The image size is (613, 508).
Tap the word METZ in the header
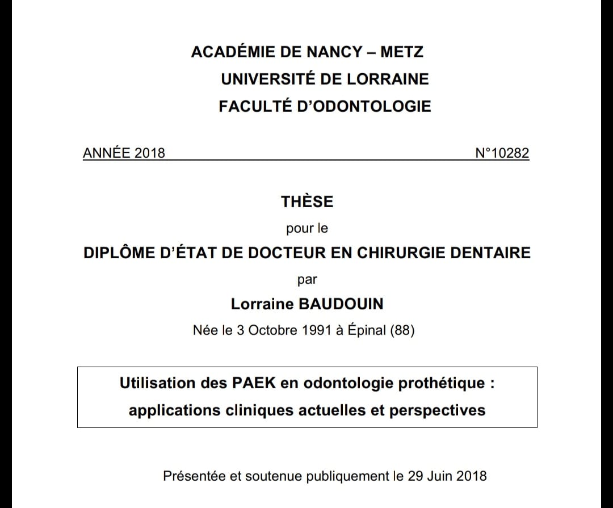(402, 52)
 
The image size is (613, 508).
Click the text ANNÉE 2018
(124, 153)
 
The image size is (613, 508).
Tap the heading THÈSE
(307, 201)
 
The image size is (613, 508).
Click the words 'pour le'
(307, 229)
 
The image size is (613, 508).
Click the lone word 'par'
(307, 279)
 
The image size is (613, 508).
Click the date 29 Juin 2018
(447, 476)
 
